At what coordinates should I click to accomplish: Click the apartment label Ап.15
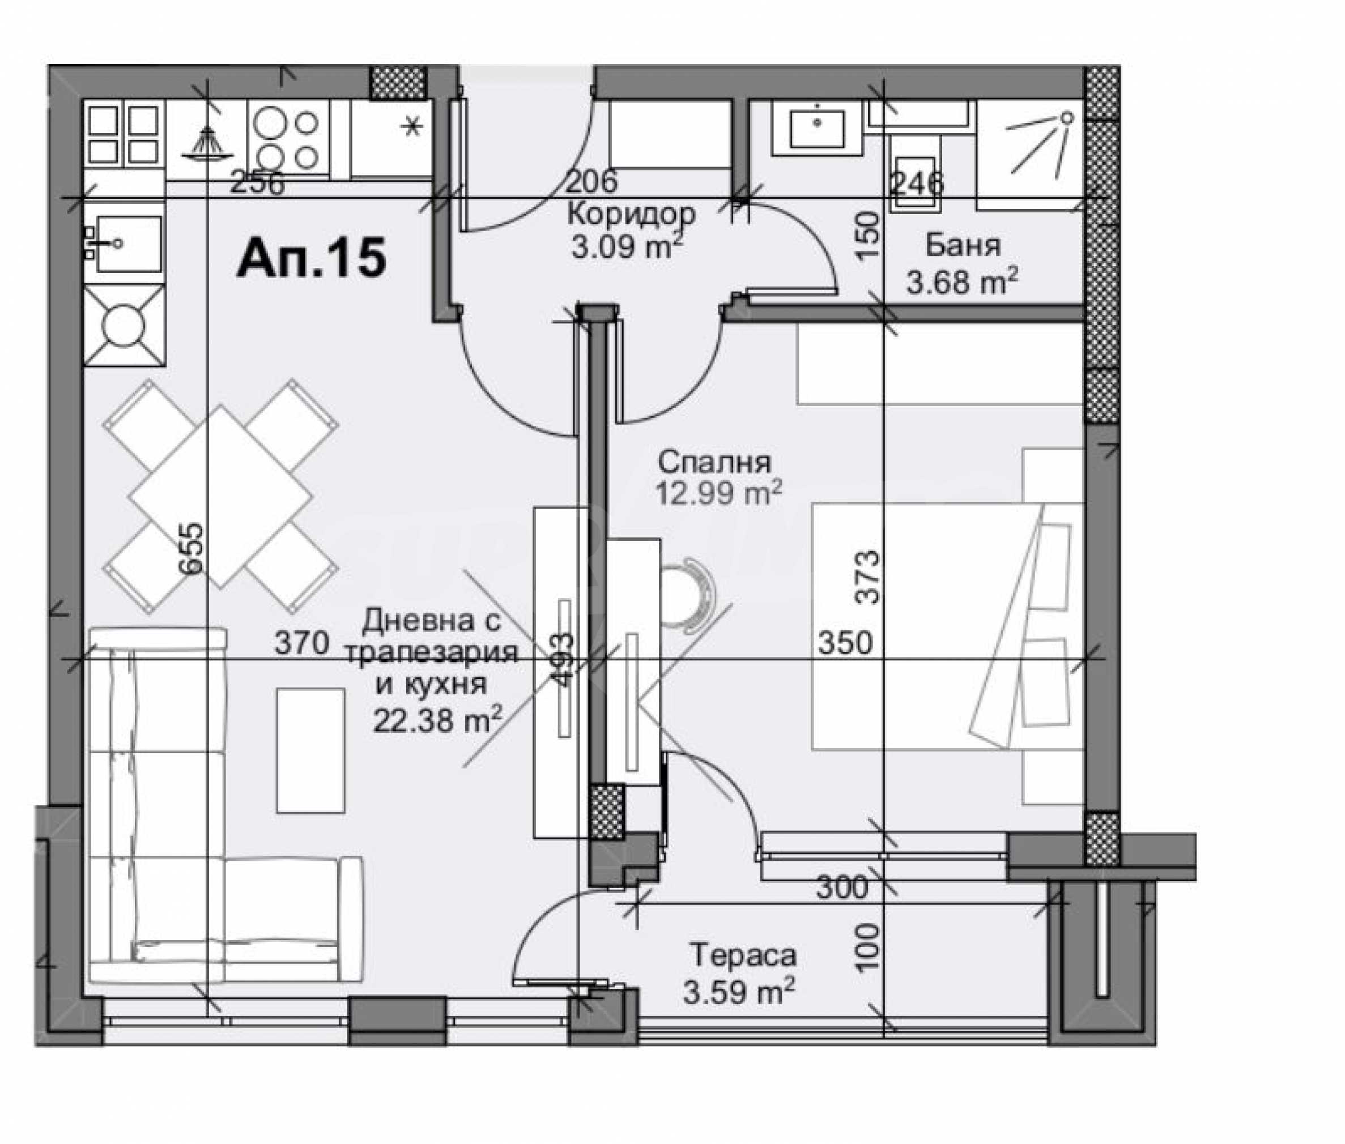pos(312,258)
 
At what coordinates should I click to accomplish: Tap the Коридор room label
pos(631,214)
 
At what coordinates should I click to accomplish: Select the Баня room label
pos(963,246)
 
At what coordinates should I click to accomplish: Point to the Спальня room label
pos(714,463)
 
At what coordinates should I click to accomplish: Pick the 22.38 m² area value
pos(437,719)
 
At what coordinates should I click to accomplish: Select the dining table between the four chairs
pos(220,497)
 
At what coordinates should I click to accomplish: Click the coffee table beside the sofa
pos(310,750)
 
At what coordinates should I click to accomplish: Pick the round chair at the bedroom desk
pos(688,595)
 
